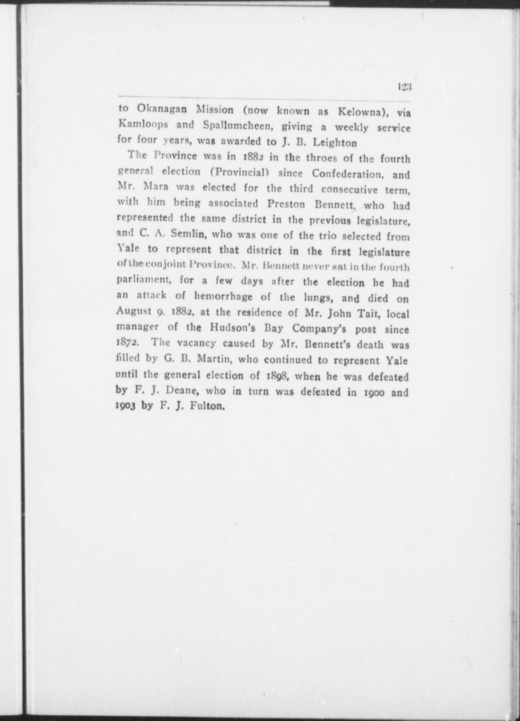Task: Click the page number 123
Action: pos(404,87)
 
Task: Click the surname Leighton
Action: pos(335,143)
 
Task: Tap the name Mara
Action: pos(157,187)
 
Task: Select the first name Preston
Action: pos(286,204)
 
